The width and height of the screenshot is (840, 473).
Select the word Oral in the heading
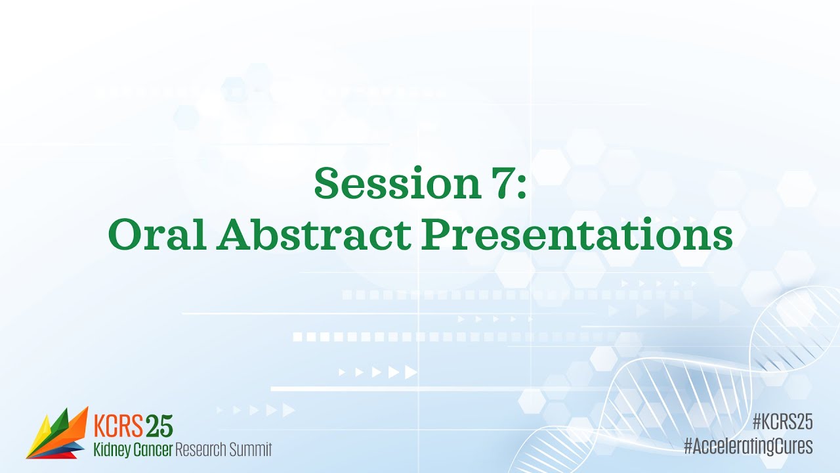point(157,234)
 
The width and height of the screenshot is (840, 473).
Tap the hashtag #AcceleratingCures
point(748,447)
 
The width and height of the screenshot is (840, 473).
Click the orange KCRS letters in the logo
point(118,426)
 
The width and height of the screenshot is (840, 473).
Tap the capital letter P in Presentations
point(436,234)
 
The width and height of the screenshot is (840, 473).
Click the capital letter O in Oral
point(123,234)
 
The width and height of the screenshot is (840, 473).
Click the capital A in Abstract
point(233,234)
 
